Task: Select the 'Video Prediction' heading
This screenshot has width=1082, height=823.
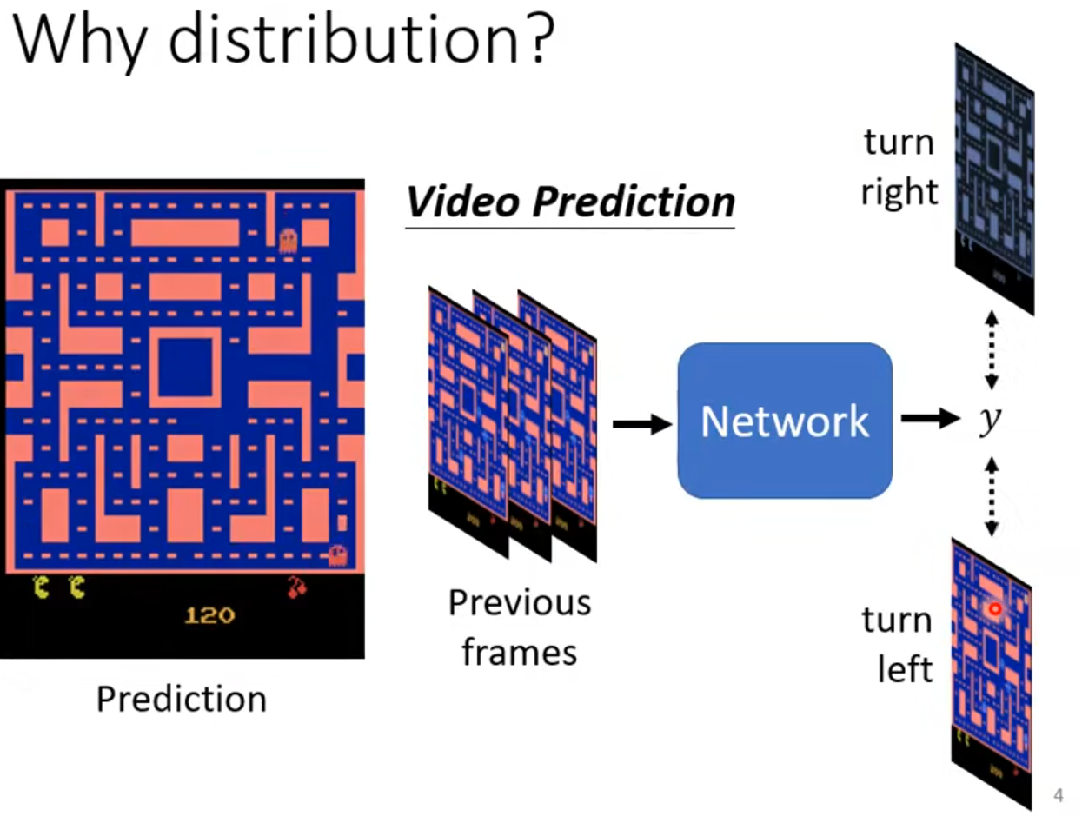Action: pyautogui.click(x=570, y=202)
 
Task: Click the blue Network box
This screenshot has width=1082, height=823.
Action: pyautogui.click(x=785, y=421)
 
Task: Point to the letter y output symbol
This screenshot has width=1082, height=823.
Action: pyautogui.click(x=989, y=421)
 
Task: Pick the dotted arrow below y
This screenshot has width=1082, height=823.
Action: pyautogui.click(x=991, y=495)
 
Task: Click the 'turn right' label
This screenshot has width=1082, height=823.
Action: pyautogui.click(x=899, y=166)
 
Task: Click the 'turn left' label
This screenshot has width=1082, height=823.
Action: pyautogui.click(x=896, y=645)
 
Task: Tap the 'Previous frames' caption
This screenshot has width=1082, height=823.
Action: pyautogui.click(x=519, y=627)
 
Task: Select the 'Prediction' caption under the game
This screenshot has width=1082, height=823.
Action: pyautogui.click(x=181, y=699)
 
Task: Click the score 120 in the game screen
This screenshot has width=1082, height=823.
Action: pyautogui.click(x=209, y=615)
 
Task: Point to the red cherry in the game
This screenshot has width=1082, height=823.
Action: pyautogui.click(x=296, y=588)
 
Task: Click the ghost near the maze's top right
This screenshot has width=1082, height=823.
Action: pyautogui.click(x=289, y=239)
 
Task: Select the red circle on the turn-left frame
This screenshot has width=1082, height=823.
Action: pyautogui.click(x=994, y=610)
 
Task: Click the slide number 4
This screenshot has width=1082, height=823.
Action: pyautogui.click(x=1058, y=795)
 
